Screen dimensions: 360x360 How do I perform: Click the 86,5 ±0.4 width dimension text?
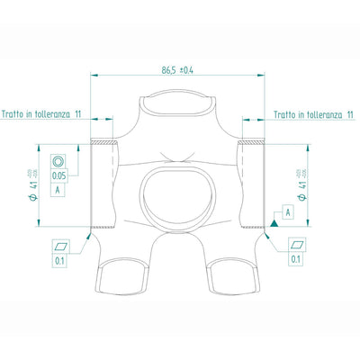click(180, 69)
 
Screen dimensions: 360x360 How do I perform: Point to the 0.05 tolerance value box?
click(58, 176)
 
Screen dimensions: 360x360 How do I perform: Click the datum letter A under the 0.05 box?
click(58, 192)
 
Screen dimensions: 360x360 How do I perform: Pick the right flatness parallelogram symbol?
click(296, 243)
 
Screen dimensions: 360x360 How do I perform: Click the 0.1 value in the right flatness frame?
click(296, 259)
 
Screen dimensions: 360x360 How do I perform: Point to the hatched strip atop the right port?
click(254, 142)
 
